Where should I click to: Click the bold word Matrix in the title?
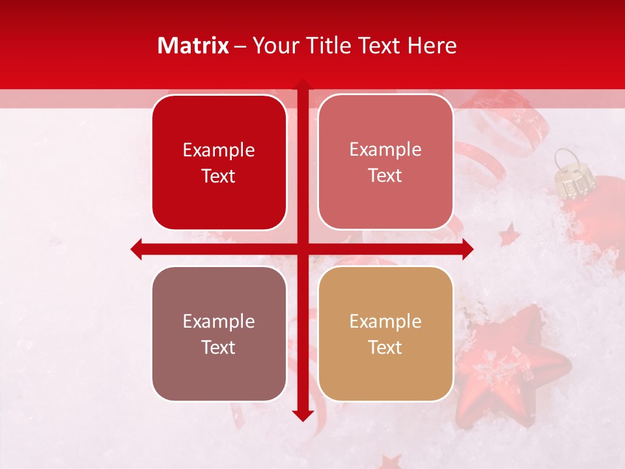click(193, 46)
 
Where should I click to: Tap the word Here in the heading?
click(432, 46)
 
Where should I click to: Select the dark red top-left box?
click(219, 163)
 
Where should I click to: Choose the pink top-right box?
click(385, 162)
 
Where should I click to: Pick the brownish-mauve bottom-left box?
click(219, 334)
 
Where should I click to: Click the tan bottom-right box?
click(385, 334)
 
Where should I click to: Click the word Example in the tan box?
click(385, 321)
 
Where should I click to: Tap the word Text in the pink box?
click(385, 176)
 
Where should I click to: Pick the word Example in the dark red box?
click(219, 150)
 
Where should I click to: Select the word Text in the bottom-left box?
click(219, 347)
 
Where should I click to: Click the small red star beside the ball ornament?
click(509, 234)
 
